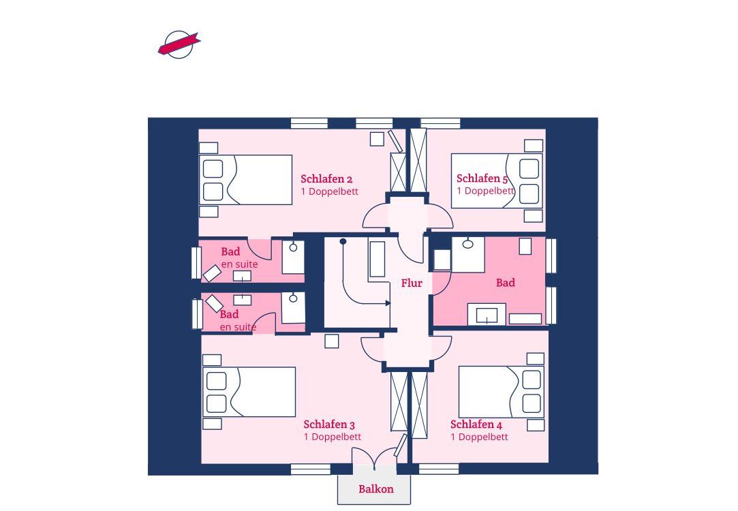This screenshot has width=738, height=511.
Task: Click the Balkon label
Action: (376, 489)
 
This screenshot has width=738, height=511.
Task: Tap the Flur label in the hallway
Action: (412, 283)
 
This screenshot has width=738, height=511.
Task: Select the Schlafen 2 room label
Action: (326, 179)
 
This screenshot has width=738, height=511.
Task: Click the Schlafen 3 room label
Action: (329, 424)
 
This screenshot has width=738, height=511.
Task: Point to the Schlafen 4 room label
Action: (476, 424)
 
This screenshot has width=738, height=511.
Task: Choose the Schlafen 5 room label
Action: (482, 179)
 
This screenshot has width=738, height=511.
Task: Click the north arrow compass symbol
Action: (179, 45)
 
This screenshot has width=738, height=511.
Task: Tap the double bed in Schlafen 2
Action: (246, 180)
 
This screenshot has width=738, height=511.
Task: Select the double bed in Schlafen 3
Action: (249, 392)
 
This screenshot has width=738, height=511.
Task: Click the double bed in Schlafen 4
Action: (502, 392)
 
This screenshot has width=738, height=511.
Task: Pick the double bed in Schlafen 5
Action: (497, 181)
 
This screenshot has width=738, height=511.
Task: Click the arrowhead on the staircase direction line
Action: (388, 303)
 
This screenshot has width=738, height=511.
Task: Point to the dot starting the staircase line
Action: (343, 241)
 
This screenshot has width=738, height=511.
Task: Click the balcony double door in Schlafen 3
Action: (374, 459)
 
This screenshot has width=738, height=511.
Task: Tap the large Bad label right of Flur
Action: (506, 283)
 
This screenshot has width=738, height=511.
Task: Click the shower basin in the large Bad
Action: (468, 255)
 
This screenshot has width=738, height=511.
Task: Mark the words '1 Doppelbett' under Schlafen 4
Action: (479, 437)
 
